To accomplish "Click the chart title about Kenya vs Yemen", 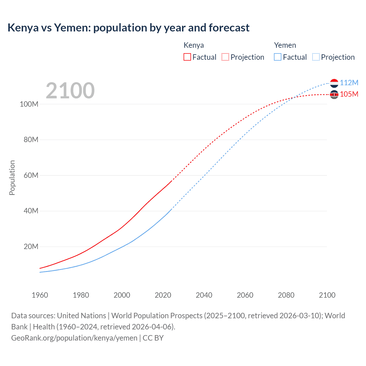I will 128,28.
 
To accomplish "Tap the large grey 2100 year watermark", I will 70,90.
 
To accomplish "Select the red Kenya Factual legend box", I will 187,57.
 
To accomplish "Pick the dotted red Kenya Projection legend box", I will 225,57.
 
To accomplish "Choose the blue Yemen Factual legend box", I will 277,57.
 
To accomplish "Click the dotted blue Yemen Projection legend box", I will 316,57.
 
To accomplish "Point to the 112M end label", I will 349,83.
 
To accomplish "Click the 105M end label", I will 349,94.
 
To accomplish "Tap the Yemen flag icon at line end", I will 334,83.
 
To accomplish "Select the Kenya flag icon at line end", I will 334,94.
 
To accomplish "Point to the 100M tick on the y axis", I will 29,104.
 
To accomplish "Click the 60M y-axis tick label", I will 31,175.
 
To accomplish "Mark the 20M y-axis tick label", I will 31,246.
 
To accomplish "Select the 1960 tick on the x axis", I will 40,295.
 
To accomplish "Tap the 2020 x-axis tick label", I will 163,295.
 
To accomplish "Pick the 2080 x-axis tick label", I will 286,295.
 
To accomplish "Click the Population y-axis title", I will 12,178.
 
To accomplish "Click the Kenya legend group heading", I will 194,45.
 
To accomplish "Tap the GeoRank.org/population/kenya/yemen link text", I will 74,338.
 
